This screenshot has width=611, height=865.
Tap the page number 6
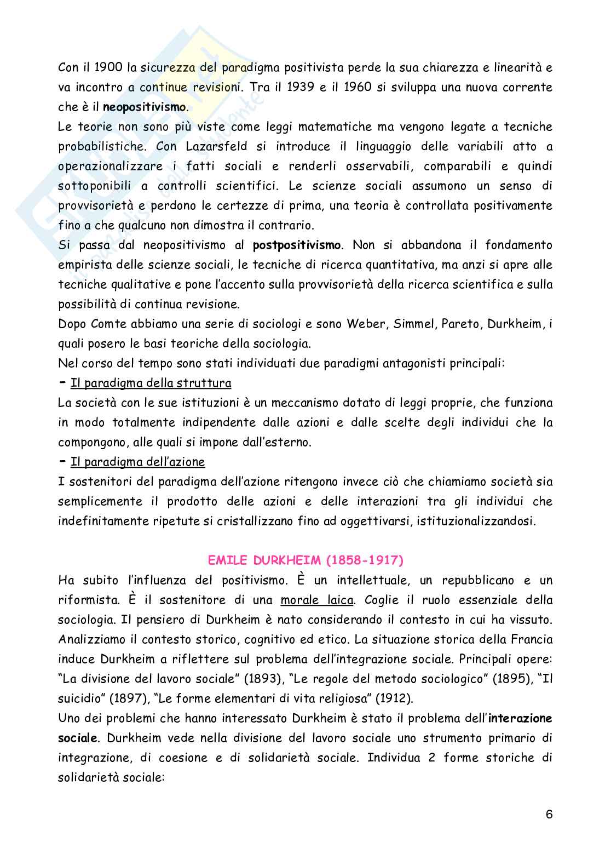(549, 828)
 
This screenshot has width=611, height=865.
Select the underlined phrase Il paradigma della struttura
(151, 382)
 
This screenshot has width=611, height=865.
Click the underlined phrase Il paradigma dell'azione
(138, 461)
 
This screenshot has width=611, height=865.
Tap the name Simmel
(413, 323)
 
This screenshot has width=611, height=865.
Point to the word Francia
(531, 639)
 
